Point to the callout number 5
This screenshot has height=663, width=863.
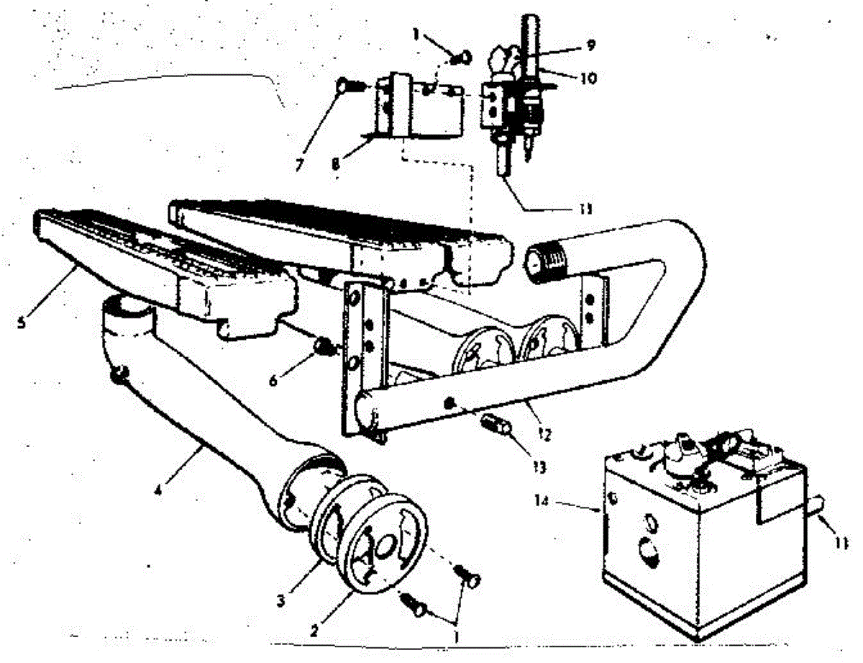point(22,323)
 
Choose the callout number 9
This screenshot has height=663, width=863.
point(590,45)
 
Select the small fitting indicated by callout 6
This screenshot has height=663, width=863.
point(324,348)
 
